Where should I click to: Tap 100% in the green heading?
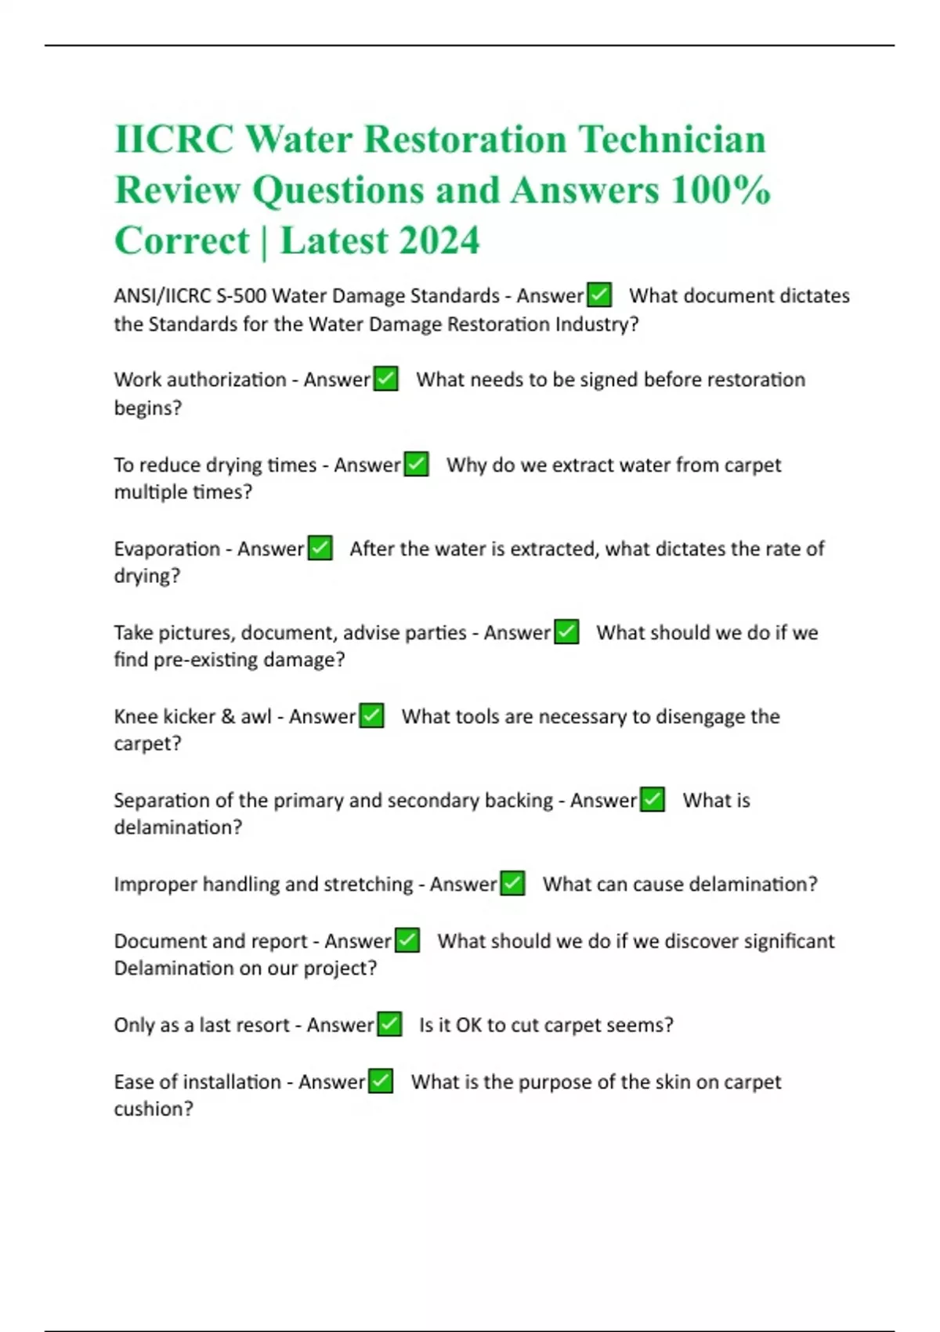pyautogui.click(x=721, y=190)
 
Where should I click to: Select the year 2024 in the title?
pyautogui.click(x=438, y=241)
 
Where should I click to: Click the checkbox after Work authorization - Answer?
pyautogui.click(x=386, y=379)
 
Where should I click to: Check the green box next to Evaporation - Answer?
pyautogui.click(x=320, y=548)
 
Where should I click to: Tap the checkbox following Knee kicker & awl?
pyautogui.click(x=371, y=716)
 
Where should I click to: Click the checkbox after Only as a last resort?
pyautogui.click(x=389, y=1025)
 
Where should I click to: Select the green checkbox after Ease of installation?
pyautogui.click(x=381, y=1082)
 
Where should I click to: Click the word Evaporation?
pyautogui.click(x=167, y=548)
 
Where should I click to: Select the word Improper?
pyautogui.click(x=155, y=885)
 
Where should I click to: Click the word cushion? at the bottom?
pyautogui.click(x=153, y=1109)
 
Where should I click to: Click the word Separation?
pyautogui.click(x=161, y=800)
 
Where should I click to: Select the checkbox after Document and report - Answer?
pyautogui.click(x=407, y=941)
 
